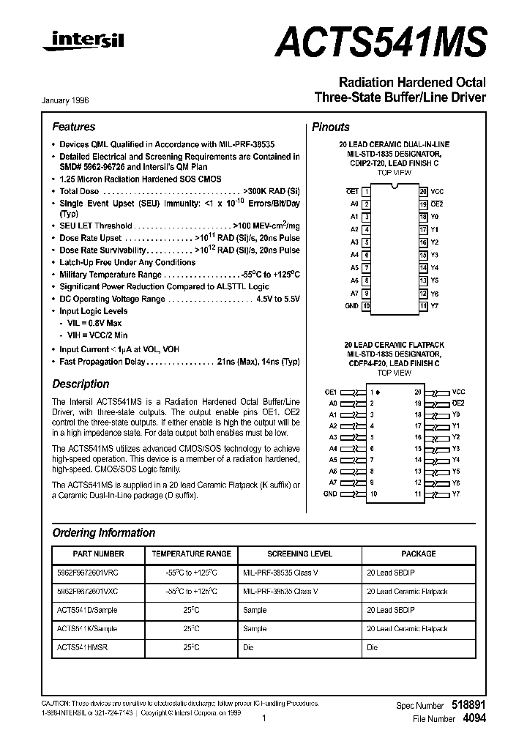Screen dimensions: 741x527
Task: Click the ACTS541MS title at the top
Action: tap(381, 41)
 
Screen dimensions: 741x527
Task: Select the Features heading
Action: tap(73, 127)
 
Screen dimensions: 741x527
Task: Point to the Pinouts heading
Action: tap(331, 127)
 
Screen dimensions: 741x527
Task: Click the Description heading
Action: tap(81, 384)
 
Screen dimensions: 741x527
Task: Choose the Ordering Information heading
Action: tap(104, 532)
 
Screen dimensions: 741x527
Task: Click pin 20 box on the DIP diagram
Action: tap(423, 190)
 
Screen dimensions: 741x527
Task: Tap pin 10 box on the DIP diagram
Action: tap(366, 305)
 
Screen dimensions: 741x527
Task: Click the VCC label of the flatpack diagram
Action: tap(458, 392)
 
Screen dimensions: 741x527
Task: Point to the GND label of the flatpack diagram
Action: tap(331, 494)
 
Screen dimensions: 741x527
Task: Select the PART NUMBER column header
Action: tap(99, 554)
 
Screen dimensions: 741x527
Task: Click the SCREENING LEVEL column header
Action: tap(299, 554)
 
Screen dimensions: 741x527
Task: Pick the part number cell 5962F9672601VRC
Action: tap(87, 572)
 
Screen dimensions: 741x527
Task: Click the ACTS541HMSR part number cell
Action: tap(82, 647)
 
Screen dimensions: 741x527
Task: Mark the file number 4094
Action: tap(474, 718)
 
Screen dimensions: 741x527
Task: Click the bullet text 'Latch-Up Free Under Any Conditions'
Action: tap(127, 262)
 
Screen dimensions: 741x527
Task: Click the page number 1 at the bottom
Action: tap(263, 718)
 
